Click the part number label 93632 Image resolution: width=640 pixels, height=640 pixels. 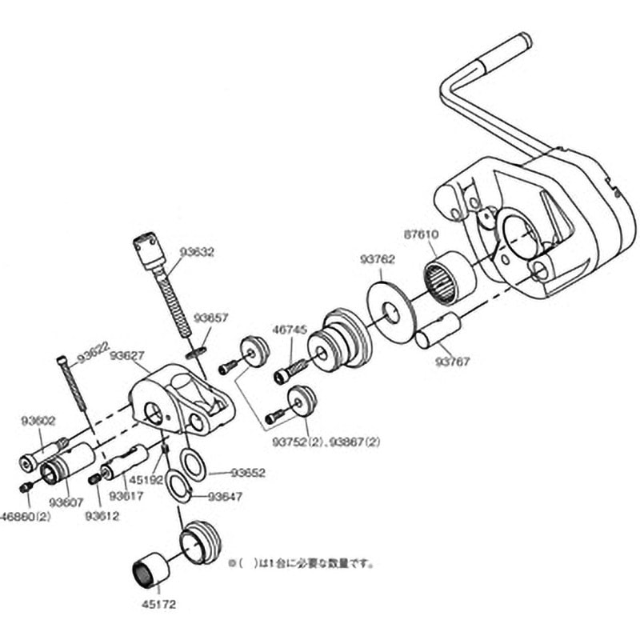coord(197,251)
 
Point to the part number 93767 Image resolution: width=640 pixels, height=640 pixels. coord(454,361)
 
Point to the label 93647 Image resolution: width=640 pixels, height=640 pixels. coord(225,496)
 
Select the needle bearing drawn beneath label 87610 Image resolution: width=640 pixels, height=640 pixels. coord(448,277)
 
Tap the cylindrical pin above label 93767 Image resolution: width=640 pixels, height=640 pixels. coord(438,330)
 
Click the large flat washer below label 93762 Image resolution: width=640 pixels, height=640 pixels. coord(392,307)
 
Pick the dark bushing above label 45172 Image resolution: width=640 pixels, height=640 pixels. coord(149,568)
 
